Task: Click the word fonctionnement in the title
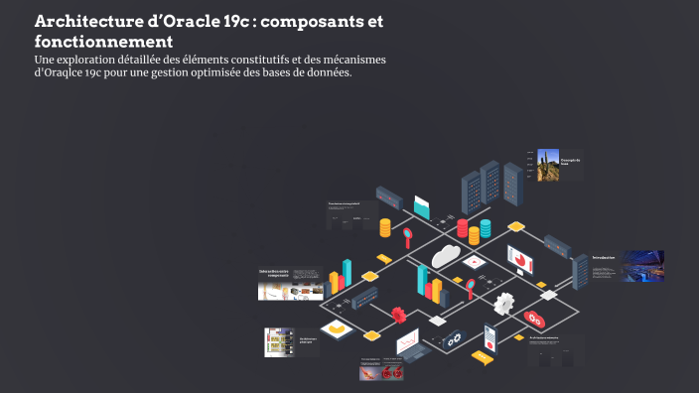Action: pos(103,42)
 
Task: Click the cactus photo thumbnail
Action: pos(547,165)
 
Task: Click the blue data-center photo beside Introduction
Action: pos(641,265)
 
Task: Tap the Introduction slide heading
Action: pos(604,257)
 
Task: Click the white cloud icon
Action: pos(446,255)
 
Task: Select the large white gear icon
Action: pos(505,303)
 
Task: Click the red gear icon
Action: pos(399,315)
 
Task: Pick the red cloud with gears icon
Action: pos(535,320)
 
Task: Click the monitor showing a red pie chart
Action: pos(520,260)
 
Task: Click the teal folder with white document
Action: pos(422,207)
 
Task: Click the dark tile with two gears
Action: pos(454,339)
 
